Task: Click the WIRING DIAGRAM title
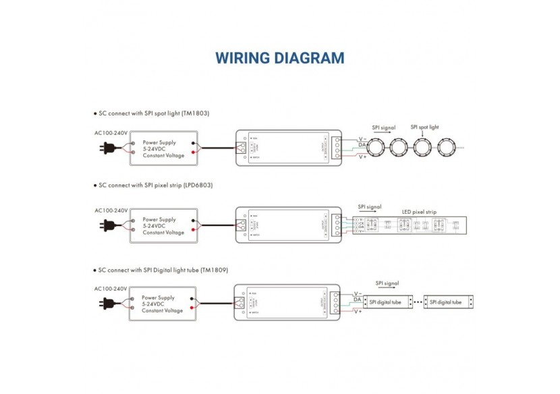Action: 279,57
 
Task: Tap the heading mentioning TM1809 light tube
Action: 163,270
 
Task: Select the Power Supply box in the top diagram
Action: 164,149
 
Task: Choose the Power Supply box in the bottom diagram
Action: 163,304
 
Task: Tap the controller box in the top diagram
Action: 288,148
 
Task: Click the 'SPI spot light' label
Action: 424,127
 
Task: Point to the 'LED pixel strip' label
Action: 419,212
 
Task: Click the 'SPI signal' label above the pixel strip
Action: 369,206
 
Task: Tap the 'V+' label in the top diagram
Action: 362,157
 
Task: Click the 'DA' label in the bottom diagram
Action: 357,300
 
